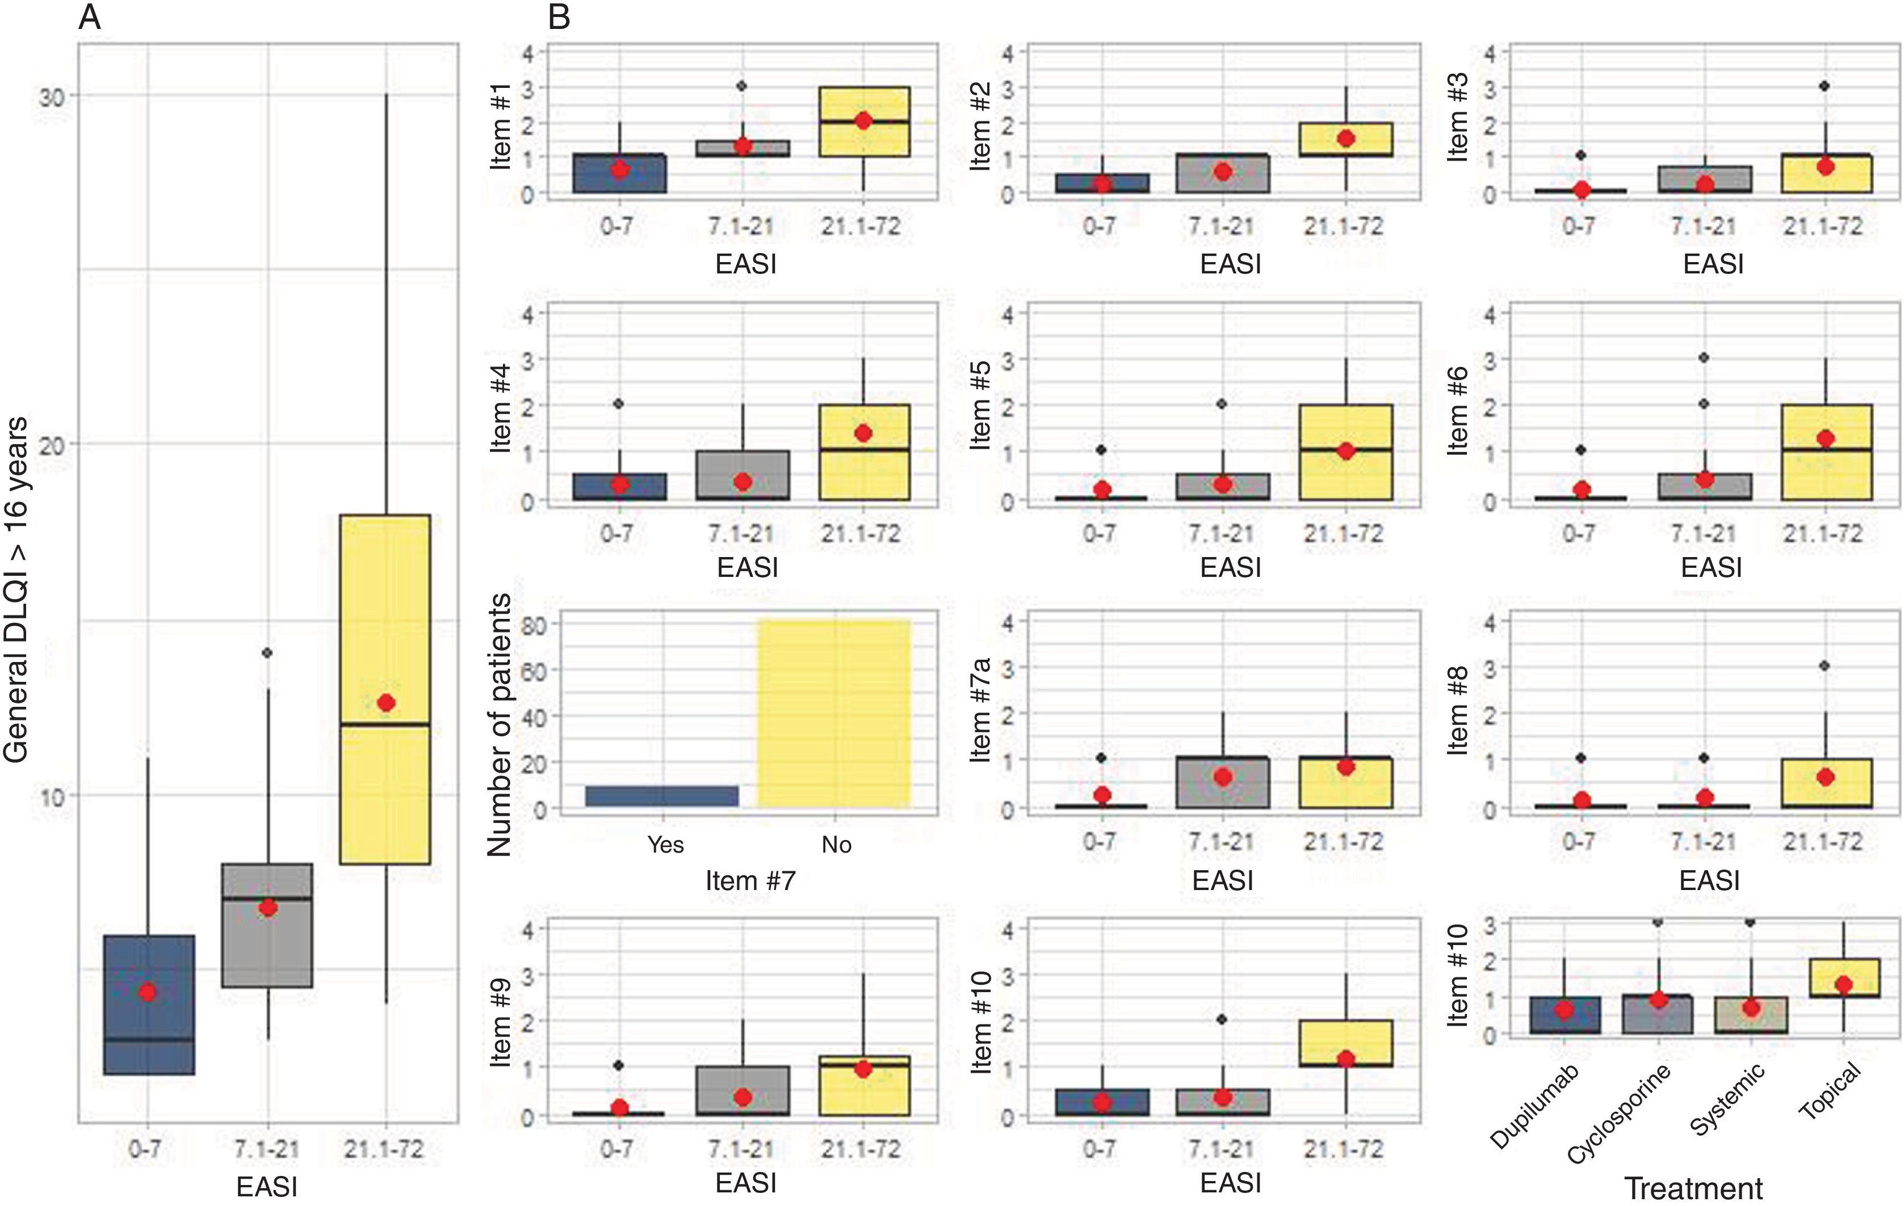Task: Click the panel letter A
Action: [90, 16]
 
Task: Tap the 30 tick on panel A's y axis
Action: [52, 96]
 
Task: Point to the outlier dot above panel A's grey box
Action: [268, 653]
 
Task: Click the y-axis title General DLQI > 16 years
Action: [16, 589]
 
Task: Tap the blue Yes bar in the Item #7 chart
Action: [662, 796]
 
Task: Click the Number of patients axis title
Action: [500, 725]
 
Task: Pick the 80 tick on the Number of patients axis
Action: [534, 625]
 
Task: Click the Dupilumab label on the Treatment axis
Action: [1534, 1106]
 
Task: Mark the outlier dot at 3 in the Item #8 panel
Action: [1824, 666]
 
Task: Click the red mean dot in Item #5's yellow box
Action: [1346, 452]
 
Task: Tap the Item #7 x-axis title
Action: [750, 880]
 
